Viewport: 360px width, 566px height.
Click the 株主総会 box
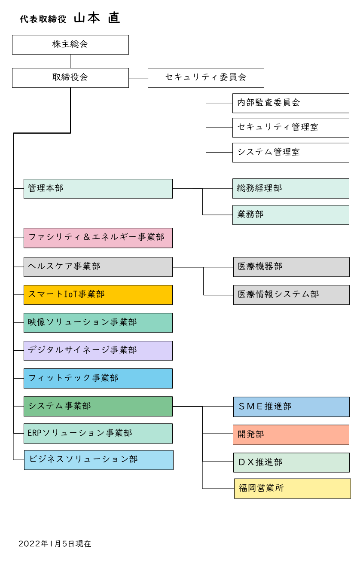point(70,45)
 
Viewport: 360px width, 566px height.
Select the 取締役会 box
point(70,78)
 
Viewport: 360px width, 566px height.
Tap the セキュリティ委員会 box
point(206,78)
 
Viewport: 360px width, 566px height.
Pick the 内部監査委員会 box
point(291,103)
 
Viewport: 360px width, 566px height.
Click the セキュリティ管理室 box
point(291,128)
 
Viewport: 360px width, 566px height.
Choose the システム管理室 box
point(291,153)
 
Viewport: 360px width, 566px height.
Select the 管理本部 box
point(98,189)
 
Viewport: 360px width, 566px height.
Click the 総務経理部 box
point(291,189)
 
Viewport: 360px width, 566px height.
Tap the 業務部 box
point(291,215)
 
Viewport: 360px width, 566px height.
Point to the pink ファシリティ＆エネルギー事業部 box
point(98,238)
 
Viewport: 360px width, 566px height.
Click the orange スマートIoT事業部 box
point(98,295)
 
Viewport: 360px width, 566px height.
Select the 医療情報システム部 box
point(291,295)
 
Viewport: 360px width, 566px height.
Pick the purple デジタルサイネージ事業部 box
point(98,351)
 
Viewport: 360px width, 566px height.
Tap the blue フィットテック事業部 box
point(98,379)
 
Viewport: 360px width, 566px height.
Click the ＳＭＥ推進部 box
point(291,407)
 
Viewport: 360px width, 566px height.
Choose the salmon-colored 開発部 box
point(291,435)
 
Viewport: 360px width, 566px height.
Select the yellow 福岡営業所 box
point(292,489)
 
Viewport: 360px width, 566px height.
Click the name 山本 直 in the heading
point(97,18)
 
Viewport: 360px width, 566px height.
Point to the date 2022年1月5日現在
point(55,544)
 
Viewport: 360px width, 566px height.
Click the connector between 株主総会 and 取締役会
point(70,61)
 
